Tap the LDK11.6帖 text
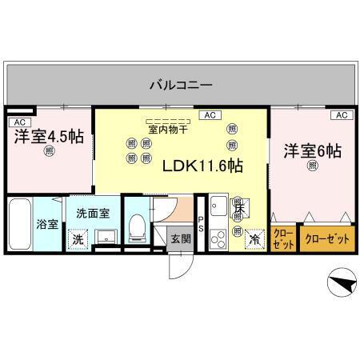click(202, 166)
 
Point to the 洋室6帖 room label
click(312, 150)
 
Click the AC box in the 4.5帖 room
click(19, 122)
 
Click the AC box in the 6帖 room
click(340, 115)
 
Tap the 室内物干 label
click(168, 128)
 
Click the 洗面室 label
click(93, 214)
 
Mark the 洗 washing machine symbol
click(78, 238)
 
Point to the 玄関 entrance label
click(179, 238)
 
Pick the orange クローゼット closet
click(328, 238)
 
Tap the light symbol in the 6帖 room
click(312, 166)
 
